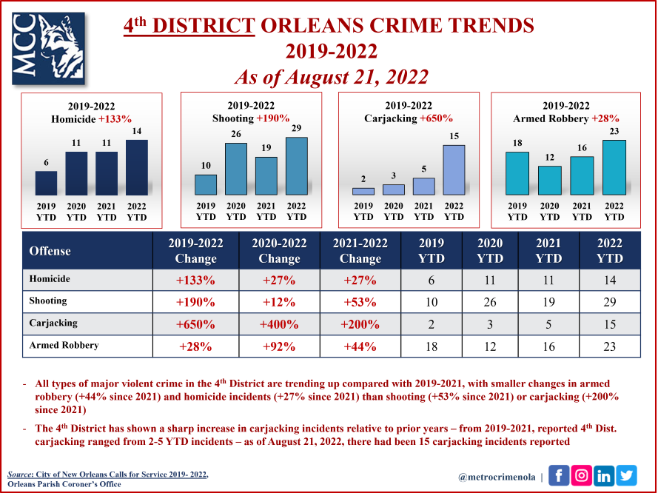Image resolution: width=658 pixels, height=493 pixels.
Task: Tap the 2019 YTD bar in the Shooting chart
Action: pos(206,185)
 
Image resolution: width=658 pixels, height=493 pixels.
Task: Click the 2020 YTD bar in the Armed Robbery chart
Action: pos(550,181)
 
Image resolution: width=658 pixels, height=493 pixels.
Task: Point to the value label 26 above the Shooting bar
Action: pos(236,135)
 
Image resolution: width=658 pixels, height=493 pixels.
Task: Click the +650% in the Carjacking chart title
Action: pos(436,118)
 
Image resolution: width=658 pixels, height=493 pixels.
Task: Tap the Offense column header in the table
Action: pos(50,251)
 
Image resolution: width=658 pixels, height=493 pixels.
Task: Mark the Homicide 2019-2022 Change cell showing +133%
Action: pos(195,281)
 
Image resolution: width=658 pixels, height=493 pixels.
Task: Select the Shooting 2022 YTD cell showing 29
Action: pos(609,302)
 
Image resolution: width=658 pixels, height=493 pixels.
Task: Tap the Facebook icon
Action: pos(558,476)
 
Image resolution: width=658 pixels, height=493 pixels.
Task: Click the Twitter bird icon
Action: pos(626,476)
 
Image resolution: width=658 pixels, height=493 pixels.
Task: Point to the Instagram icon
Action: pos(581,476)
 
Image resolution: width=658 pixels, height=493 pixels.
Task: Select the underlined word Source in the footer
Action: pos(22,474)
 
